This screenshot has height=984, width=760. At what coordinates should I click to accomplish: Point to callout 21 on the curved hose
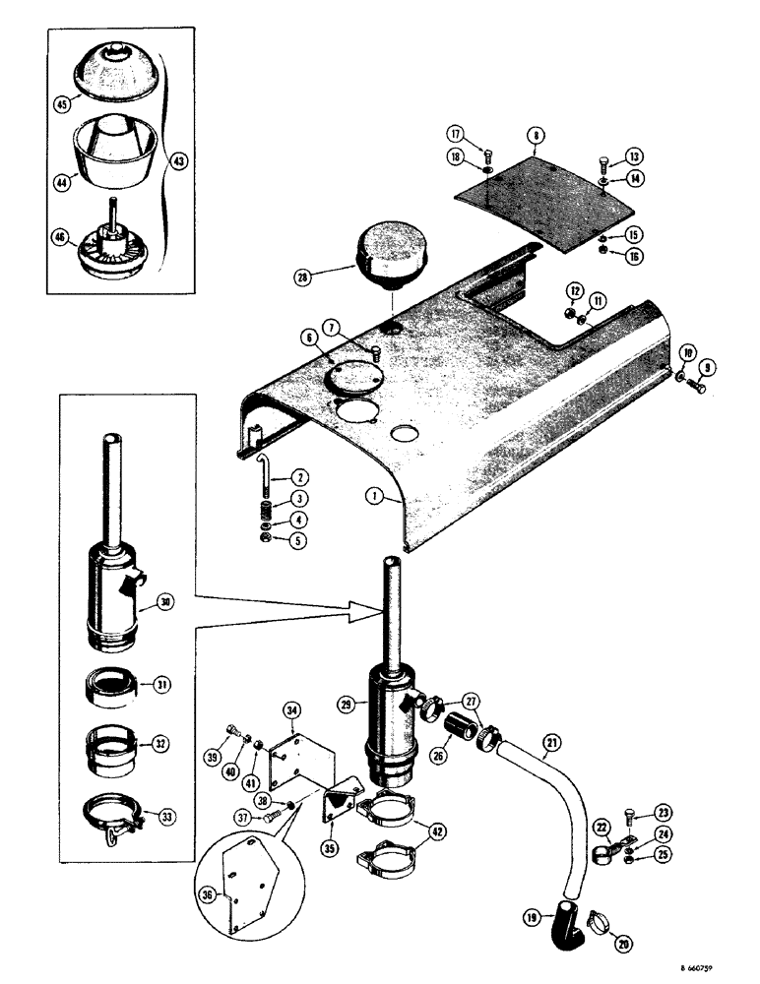click(549, 741)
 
